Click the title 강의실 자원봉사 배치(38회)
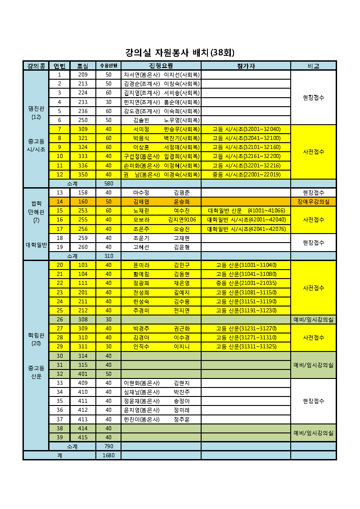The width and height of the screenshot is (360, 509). (180, 53)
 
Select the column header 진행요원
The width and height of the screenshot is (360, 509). (161, 66)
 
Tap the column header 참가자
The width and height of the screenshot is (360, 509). (246, 66)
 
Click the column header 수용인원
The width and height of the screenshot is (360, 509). (108, 66)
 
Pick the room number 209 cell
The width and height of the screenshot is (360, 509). (83, 75)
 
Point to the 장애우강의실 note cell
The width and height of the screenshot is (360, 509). (313, 202)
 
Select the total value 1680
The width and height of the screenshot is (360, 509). (108, 455)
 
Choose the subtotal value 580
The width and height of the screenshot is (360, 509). (108, 184)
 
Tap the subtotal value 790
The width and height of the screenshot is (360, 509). (108, 446)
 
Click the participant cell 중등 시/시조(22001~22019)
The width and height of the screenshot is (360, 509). (246, 175)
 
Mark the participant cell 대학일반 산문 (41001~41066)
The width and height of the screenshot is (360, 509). (246, 211)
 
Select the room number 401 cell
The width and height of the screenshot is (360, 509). (83, 374)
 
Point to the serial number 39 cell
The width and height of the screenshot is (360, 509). (59, 437)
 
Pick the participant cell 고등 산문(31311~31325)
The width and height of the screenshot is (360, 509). (246, 347)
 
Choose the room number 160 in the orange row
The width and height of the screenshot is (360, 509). (83, 202)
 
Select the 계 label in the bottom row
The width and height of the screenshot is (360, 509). (59, 455)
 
